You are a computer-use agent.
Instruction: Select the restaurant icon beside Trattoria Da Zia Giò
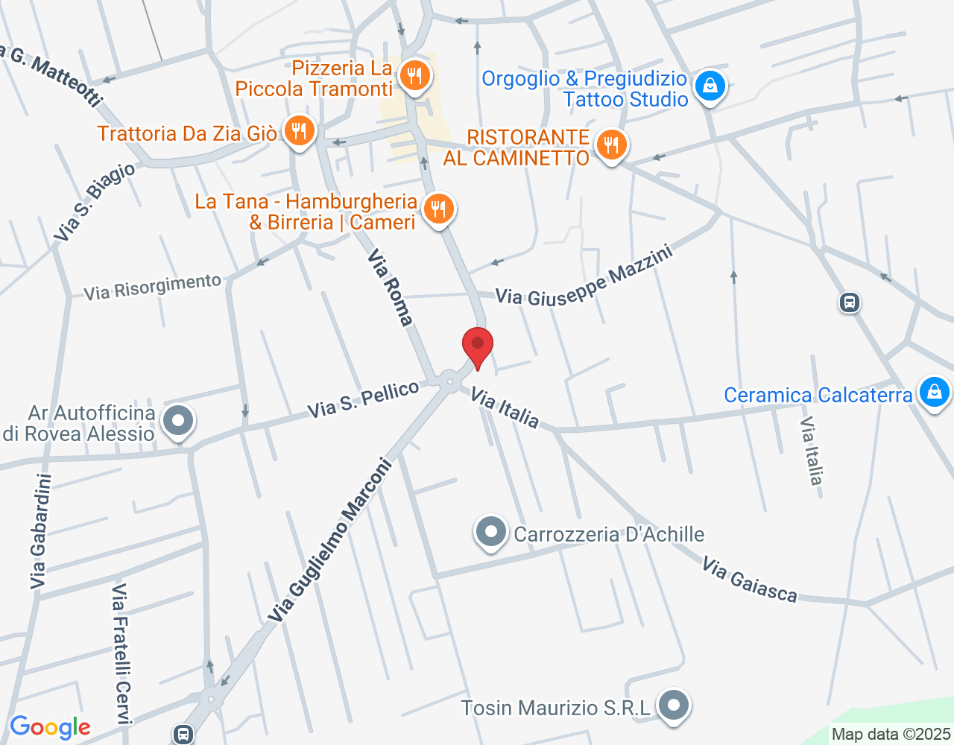(x=299, y=132)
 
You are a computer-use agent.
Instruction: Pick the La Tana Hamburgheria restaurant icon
(x=438, y=209)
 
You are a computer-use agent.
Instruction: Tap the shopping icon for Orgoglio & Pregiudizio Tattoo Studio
(x=710, y=86)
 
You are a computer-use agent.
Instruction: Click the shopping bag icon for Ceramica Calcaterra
(x=934, y=392)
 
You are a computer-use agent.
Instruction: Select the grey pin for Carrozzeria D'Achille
(x=490, y=533)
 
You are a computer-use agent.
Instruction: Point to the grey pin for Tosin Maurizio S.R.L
(x=675, y=705)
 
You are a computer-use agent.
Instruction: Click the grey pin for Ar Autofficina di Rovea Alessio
(x=178, y=421)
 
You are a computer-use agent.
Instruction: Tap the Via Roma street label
(x=390, y=288)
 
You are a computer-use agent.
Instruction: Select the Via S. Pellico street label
(x=364, y=399)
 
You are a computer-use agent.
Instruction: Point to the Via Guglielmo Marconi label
(x=330, y=539)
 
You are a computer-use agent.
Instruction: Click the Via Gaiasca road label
(x=749, y=580)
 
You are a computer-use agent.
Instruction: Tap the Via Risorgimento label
(x=152, y=287)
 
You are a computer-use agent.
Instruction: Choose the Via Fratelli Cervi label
(x=121, y=653)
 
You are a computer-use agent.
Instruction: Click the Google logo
(x=50, y=728)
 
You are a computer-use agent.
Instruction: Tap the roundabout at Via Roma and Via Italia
(x=449, y=381)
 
